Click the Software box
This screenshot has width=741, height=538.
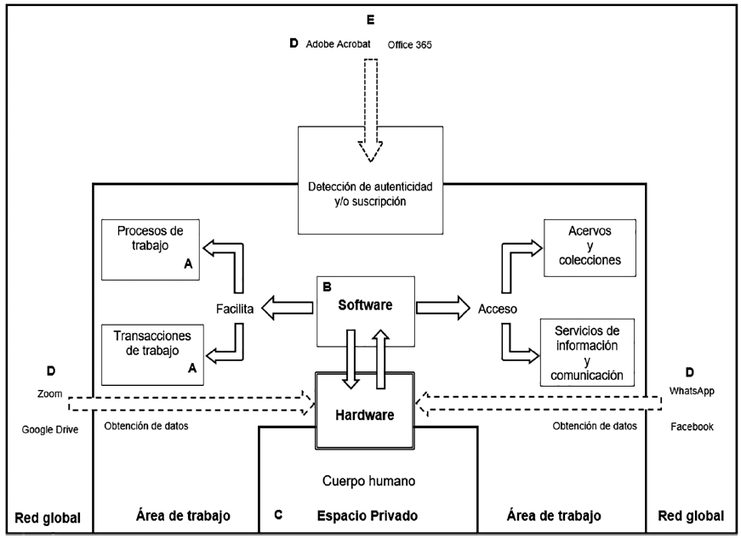(x=366, y=310)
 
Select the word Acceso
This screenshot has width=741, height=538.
(x=499, y=309)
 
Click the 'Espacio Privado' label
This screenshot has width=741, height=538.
(x=368, y=515)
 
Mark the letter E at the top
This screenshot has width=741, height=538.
(x=369, y=20)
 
